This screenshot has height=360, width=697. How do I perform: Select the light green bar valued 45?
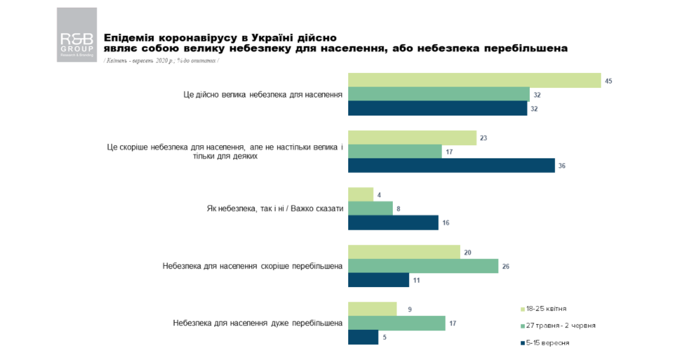(474, 80)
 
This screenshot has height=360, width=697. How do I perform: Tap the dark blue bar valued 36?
(451, 166)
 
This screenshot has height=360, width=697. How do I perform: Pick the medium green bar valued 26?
(422, 266)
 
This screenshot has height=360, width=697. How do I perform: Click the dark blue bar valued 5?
(363, 337)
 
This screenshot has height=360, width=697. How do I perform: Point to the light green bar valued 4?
(360, 194)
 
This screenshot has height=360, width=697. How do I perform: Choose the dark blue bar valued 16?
(393, 222)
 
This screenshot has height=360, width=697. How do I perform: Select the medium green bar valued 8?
(370, 209)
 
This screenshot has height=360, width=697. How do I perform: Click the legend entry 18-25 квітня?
(545, 308)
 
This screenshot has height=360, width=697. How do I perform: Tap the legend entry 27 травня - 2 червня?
(558, 325)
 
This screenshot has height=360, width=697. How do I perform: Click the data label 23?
(483, 138)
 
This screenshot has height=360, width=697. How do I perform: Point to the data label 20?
(467, 252)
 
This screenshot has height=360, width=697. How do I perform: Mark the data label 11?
(417, 280)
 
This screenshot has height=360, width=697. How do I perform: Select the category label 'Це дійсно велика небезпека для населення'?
(258, 95)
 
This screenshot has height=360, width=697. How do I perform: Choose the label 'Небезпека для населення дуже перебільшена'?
(257, 323)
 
